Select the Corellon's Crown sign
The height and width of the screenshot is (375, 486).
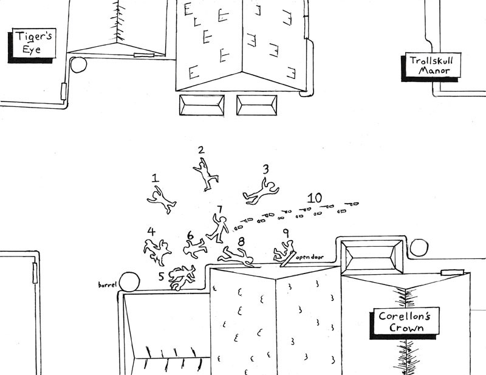(400, 322)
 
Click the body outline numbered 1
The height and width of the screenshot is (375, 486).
(162, 199)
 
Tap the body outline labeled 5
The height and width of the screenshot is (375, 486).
(182, 277)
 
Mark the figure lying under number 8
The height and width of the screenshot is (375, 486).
(236, 257)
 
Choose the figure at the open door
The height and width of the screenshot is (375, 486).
(285, 250)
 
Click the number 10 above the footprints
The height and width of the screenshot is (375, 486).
(314, 198)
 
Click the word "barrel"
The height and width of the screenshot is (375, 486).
(107, 284)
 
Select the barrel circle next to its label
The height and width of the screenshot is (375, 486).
(129, 281)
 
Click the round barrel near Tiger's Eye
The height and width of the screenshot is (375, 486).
(79, 64)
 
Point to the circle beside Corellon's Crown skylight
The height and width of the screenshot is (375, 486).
(419, 247)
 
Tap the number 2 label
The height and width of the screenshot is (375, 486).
(201, 150)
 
